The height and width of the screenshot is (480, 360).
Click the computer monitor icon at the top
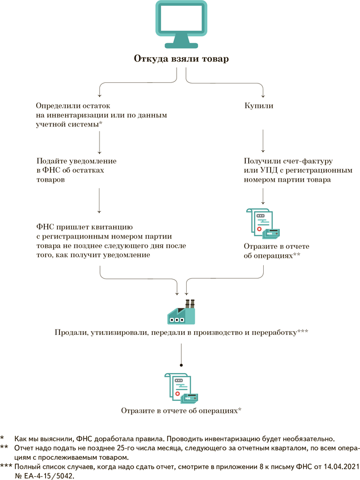[181, 23]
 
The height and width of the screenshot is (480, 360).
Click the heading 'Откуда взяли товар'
[181, 58]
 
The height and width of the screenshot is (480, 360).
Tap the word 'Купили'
[259, 106]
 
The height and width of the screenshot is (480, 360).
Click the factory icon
[181, 313]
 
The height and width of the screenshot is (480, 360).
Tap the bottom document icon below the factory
[181, 389]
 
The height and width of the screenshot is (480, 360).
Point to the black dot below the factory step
[181, 365]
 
